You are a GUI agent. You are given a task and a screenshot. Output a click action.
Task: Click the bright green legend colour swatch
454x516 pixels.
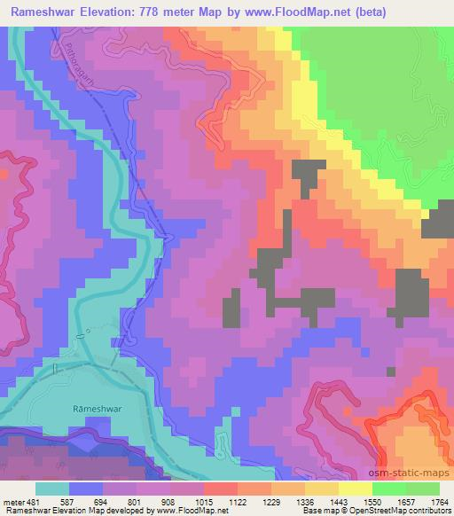pyautogui.click(x=389, y=489)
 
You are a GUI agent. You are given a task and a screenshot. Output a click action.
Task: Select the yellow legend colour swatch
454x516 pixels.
pyautogui.click(x=356, y=489)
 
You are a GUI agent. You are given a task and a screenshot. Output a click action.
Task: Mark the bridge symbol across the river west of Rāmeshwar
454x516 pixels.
pyautogui.click(x=54, y=367)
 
